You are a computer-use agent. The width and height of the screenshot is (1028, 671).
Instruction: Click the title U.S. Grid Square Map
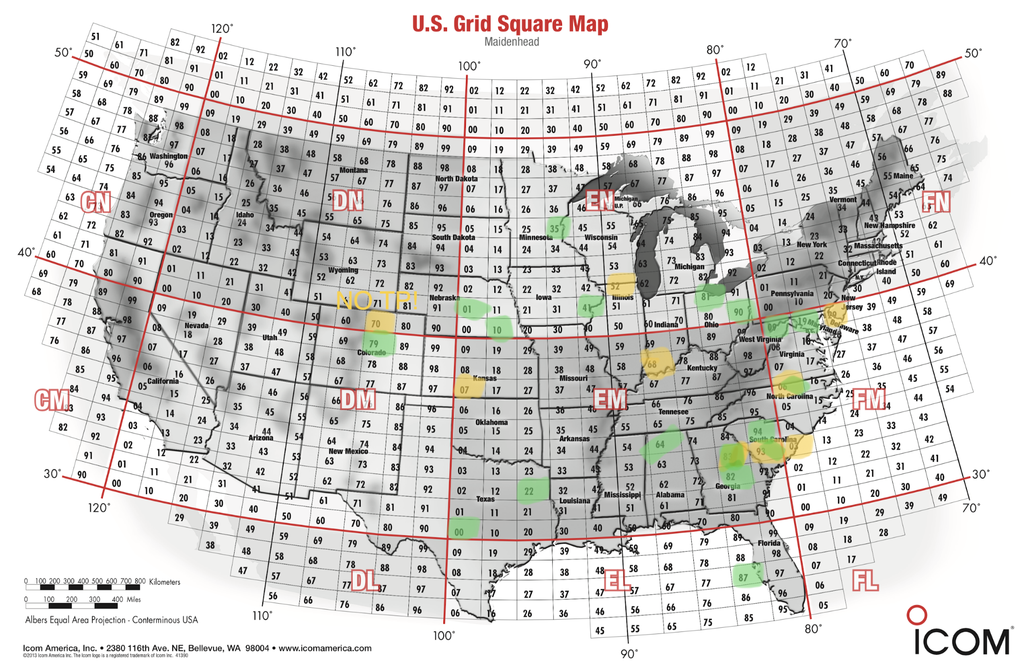pos(510,24)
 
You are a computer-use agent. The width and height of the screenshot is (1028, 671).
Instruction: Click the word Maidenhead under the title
pos(512,42)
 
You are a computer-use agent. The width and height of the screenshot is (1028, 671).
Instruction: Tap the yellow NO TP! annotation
pos(377,300)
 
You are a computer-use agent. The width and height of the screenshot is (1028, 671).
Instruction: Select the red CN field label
pos(96,202)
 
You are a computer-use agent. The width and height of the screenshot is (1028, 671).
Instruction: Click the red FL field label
pos(865,581)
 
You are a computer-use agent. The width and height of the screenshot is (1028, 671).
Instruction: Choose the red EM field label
pos(610,399)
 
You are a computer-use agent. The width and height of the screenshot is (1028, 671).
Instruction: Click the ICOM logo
pos(961,635)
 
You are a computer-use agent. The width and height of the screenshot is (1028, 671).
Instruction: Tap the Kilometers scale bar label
pos(165,582)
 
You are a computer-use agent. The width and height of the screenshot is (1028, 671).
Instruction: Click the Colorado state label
pos(371,353)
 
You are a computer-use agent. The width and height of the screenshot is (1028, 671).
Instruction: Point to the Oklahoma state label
pos(491,422)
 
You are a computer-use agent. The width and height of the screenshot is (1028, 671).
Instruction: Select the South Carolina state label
pos(772,440)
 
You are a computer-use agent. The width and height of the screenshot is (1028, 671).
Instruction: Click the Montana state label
pos(353,170)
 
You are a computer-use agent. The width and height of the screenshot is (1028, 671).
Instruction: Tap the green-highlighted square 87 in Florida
pos(744,577)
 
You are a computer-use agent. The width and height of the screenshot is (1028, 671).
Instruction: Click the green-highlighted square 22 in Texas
pos(529,491)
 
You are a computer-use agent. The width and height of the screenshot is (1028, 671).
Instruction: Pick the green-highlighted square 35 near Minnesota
pos(555,228)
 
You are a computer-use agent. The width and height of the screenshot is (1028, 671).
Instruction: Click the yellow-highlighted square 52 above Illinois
pos(616,286)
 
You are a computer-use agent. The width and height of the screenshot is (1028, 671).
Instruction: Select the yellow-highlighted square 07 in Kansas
pos(464,390)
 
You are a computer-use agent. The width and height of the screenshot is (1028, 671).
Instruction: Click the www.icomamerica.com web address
pos(325,648)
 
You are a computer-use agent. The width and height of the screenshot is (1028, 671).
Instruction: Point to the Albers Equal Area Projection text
pos(112,620)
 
